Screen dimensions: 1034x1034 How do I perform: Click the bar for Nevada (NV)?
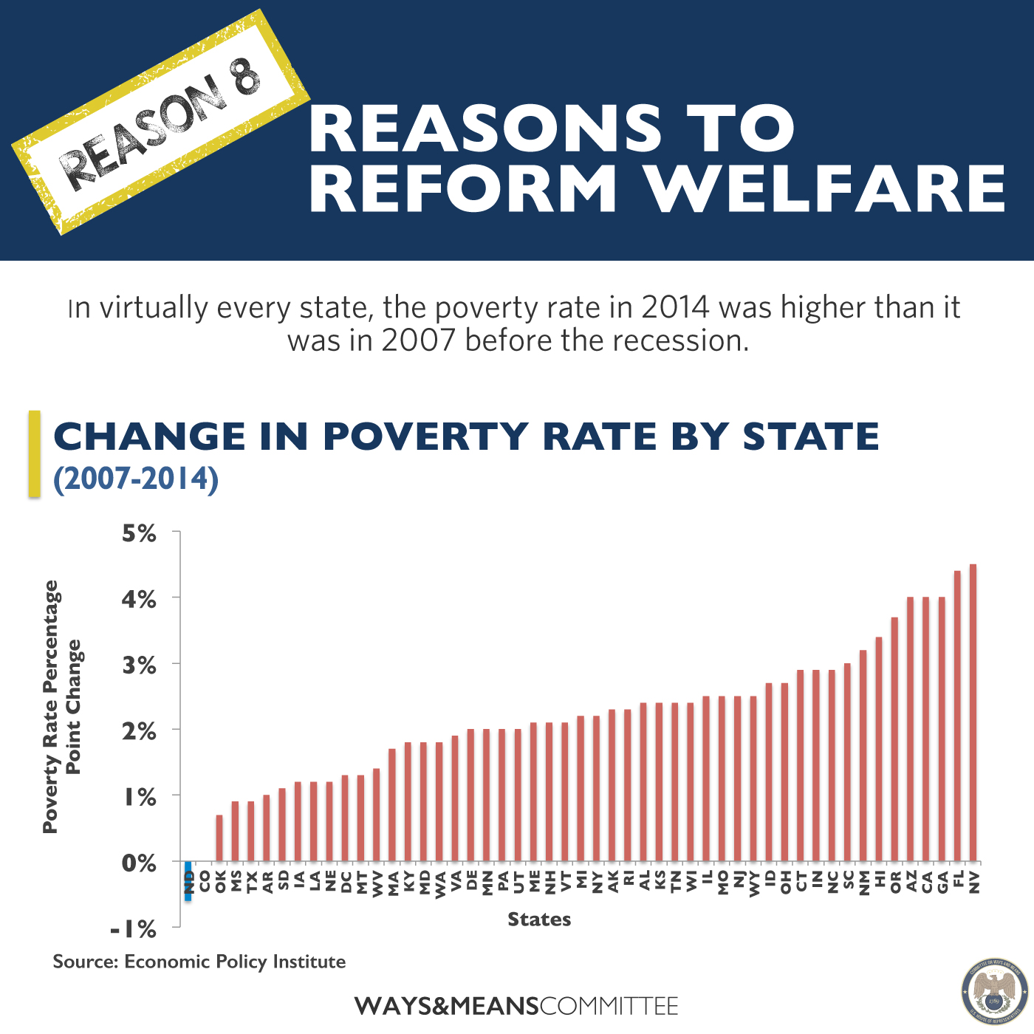click(x=973, y=713)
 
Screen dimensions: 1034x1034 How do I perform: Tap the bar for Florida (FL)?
click(x=957, y=716)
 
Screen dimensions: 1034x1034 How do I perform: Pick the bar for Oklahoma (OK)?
click(x=219, y=838)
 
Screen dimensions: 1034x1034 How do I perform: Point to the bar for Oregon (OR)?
click(x=894, y=739)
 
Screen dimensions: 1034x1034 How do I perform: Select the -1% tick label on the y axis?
click(x=133, y=928)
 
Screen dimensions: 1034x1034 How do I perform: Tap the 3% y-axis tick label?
click(x=139, y=665)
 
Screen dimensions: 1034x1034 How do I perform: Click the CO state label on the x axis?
click(x=205, y=880)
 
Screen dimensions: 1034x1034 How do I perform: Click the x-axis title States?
click(x=539, y=920)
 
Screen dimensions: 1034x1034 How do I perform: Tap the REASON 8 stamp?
click(x=161, y=123)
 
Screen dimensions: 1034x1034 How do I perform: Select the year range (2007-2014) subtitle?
click(x=136, y=479)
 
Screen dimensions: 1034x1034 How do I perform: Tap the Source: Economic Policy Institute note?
click(x=199, y=962)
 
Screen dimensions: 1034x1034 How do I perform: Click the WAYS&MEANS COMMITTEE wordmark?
click(x=516, y=1006)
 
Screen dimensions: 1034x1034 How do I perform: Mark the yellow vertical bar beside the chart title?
click(x=34, y=453)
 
